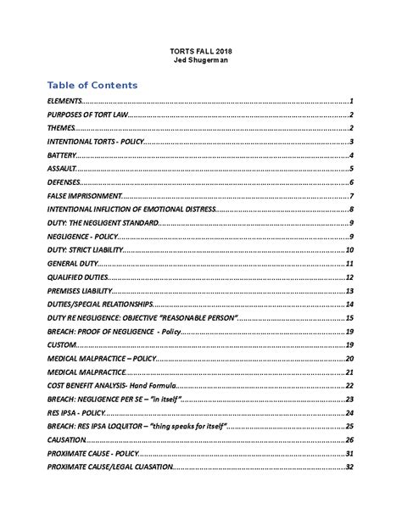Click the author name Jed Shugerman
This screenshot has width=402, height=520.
pos(200,61)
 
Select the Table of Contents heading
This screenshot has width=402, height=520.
pos(92,86)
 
